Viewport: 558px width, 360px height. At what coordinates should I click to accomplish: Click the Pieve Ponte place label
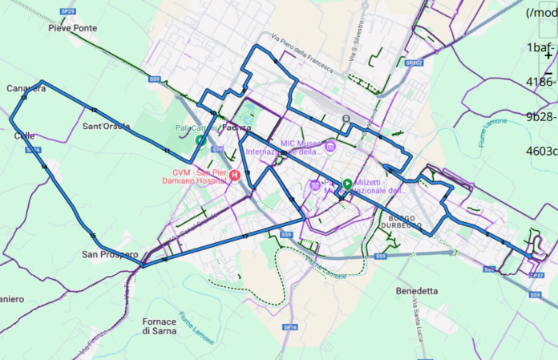pos(73,27)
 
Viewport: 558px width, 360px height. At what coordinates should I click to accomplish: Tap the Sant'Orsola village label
pos(106,127)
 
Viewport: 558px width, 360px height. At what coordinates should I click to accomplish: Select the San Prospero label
pos(109,254)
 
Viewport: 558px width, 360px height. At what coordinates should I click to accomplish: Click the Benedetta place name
pos(417,290)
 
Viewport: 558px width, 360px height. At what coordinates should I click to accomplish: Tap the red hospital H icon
pos(234,175)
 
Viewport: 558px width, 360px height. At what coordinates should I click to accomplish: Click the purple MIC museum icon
pos(330,145)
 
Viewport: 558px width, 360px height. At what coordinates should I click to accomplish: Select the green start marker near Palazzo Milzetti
pos(347,184)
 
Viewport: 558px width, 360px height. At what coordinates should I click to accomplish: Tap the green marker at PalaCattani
pos(200,140)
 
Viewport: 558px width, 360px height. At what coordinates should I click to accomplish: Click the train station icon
pos(346,119)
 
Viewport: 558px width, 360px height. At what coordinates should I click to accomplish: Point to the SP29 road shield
pos(69,11)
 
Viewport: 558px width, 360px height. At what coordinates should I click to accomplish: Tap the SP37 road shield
pos(537,275)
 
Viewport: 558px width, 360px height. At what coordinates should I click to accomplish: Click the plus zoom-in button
pos(548,57)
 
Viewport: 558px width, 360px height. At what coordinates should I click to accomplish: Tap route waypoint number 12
pos(95,110)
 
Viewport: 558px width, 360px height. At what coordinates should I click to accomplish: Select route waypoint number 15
pos(94,235)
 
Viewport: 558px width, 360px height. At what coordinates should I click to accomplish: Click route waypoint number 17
pos(245,236)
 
